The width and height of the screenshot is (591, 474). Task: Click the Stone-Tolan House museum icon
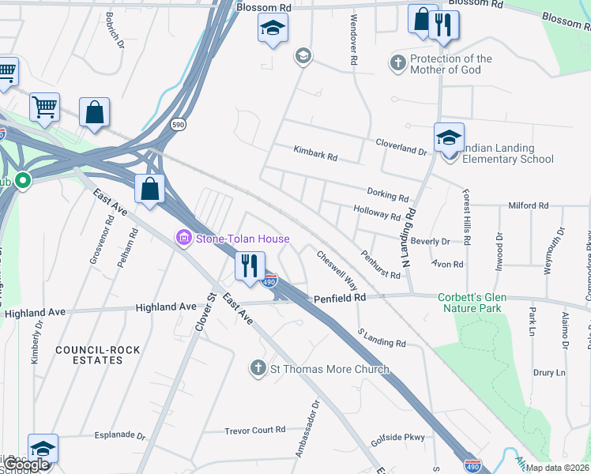184,238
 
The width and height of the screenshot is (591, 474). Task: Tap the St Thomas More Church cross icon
257,368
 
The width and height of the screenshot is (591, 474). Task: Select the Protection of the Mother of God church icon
399,62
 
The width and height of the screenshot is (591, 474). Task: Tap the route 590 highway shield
179,125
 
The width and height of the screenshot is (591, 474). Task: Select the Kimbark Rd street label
315,153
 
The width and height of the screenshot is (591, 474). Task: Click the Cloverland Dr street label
401,146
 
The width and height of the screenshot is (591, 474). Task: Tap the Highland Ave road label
166,307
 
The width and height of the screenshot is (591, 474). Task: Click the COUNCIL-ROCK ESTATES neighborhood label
88,354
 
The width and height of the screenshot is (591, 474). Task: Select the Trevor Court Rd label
254,430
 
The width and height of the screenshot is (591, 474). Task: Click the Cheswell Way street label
337,269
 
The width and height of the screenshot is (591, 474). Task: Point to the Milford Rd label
528,205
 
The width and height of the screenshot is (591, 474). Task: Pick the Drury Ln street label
549,372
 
